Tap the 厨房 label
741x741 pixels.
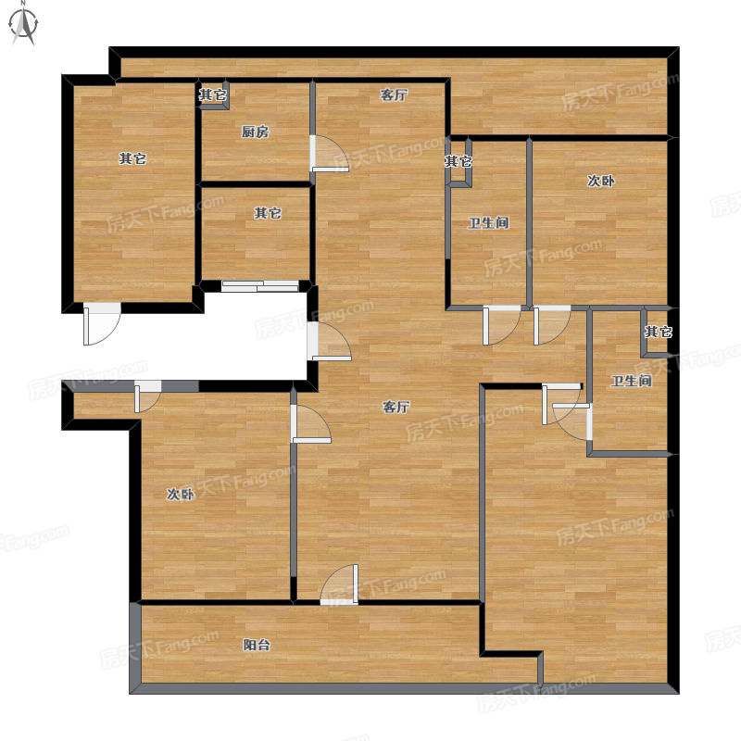click(256, 132)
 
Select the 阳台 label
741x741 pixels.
click(257, 645)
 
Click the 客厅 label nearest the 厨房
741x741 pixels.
click(394, 95)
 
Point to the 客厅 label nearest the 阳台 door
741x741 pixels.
click(396, 407)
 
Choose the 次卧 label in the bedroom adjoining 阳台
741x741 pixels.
click(181, 495)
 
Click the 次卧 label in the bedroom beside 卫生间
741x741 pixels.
click(600, 181)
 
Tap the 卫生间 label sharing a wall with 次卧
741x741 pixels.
click(488, 222)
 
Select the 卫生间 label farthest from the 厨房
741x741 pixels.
click(631, 381)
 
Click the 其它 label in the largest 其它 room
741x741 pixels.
click(132, 158)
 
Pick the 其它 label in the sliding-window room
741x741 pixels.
click(268, 213)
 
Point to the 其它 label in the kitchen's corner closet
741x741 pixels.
click(212, 95)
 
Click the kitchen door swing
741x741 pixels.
click(330, 154)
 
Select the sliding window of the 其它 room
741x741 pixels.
click(260, 286)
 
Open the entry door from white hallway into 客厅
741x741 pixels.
click(329, 341)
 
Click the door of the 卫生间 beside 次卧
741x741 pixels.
click(501, 325)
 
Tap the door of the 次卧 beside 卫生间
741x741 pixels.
click(552, 325)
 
